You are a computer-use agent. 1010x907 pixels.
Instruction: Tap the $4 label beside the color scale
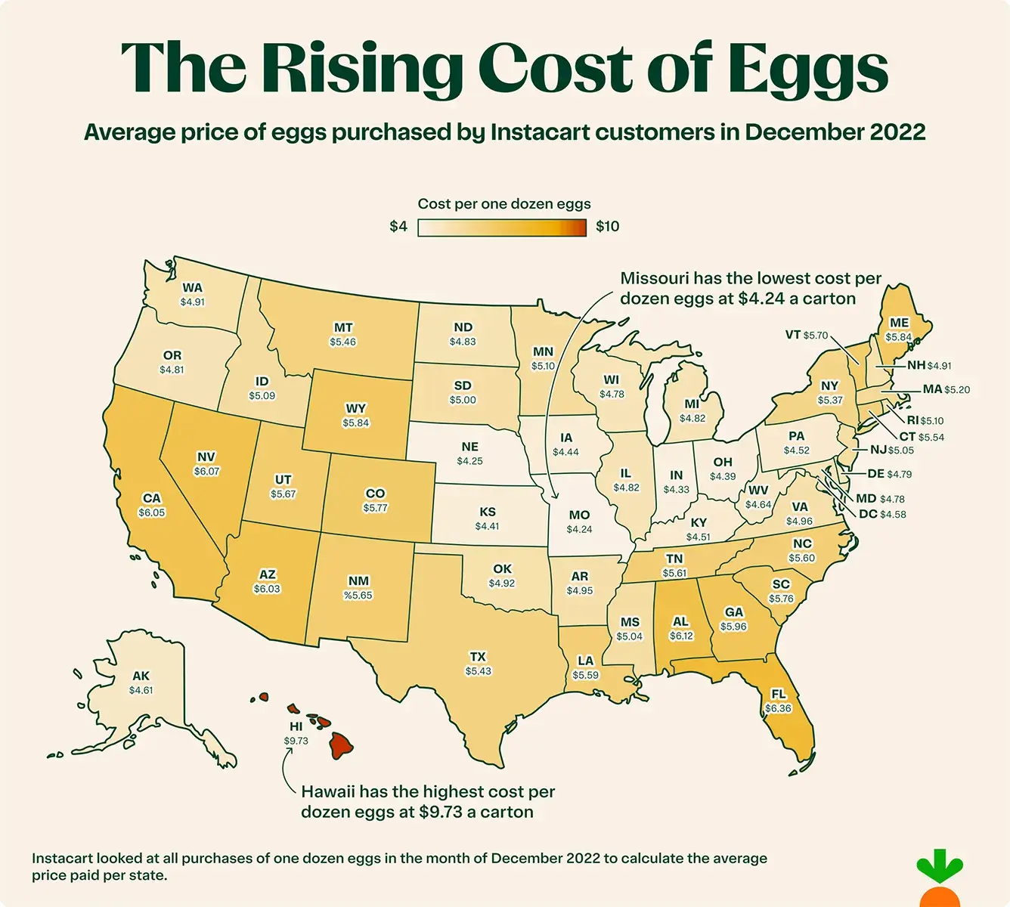click(398, 227)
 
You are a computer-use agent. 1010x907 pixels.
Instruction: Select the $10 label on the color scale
click(607, 227)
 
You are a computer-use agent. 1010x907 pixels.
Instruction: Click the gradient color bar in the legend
click(502, 228)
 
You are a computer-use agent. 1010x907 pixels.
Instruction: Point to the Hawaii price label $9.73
click(296, 741)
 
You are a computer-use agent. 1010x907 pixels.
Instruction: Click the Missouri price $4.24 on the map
click(579, 529)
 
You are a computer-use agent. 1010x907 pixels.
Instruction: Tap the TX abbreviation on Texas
click(478, 657)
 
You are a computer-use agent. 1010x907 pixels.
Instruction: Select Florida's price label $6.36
click(778, 708)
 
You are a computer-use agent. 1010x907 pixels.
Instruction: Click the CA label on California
click(152, 498)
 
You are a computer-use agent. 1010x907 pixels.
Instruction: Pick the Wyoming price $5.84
click(355, 423)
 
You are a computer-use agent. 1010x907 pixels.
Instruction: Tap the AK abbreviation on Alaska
click(141, 676)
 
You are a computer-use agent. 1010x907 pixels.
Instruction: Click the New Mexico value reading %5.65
click(358, 595)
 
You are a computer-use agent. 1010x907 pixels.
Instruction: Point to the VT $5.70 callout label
click(807, 335)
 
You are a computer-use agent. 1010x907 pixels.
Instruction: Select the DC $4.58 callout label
click(882, 514)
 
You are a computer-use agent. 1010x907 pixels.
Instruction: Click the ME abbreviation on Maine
click(899, 323)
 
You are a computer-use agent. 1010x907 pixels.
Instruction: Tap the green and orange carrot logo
click(939, 881)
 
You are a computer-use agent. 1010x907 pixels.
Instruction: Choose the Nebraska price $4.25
click(469, 461)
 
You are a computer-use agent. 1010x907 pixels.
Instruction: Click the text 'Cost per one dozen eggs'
click(504, 204)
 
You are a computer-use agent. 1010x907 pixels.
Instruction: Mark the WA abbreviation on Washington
click(192, 288)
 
